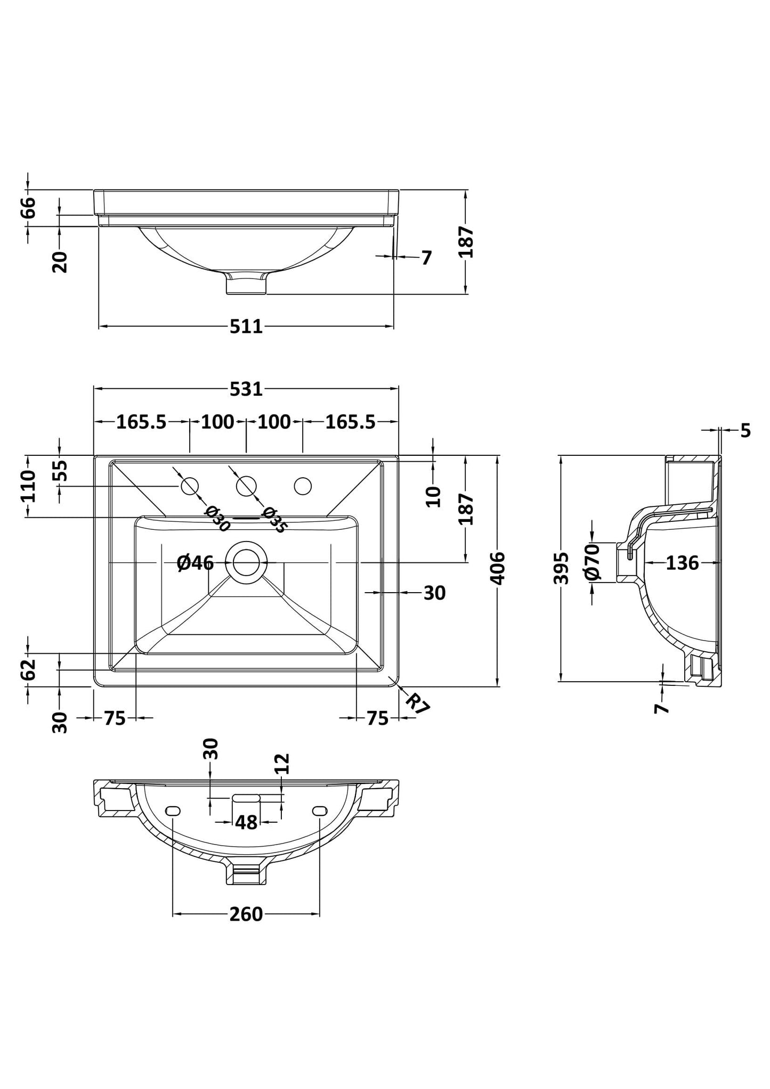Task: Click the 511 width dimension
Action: tap(246, 326)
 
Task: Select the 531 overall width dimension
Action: tap(246, 389)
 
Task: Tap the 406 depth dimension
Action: tap(497, 568)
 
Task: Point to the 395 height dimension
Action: tap(561, 568)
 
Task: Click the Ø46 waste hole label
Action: tap(195, 562)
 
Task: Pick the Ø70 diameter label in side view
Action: tap(592, 562)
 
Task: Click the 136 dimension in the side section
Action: tap(682, 562)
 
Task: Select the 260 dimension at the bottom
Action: tap(246, 914)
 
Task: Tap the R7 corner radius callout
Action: tap(417, 704)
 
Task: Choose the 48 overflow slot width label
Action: tap(246, 822)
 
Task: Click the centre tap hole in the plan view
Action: tap(246, 486)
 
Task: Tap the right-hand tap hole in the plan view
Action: tap(303, 486)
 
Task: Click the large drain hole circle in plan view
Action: tap(246, 562)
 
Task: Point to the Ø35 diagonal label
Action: tap(274, 520)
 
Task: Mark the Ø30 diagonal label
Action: tap(217, 519)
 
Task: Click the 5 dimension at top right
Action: tap(745, 430)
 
